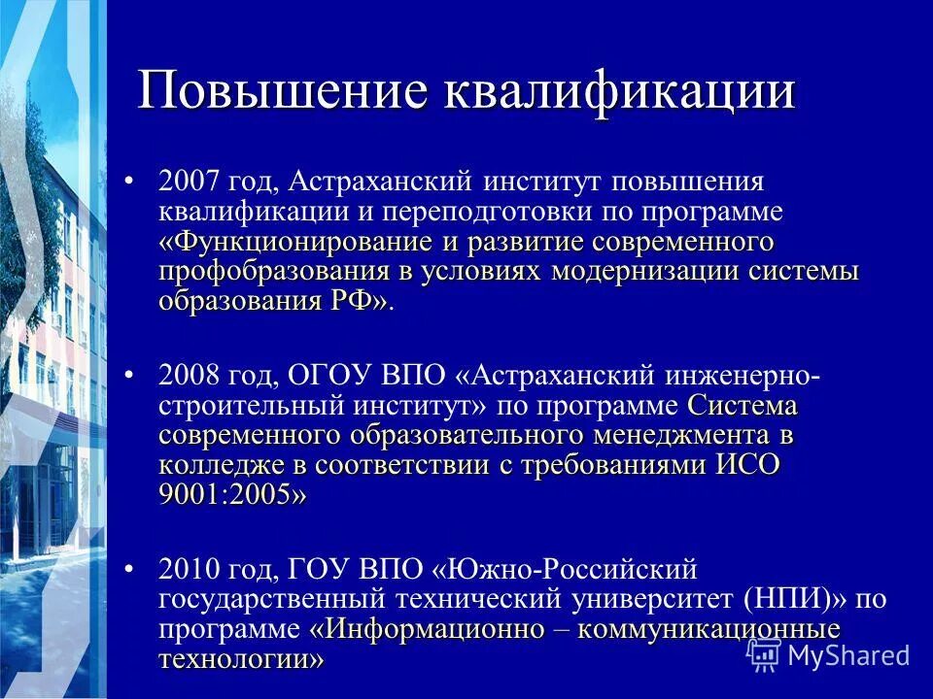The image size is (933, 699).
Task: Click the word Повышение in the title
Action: pyautogui.click(x=282, y=91)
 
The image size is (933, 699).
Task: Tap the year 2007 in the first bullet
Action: pyautogui.click(x=192, y=181)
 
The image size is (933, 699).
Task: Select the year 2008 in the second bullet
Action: pyautogui.click(x=192, y=375)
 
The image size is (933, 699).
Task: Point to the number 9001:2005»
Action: pyautogui.click(x=232, y=494)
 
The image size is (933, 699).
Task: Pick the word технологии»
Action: pyautogui.click(x=241, y=659)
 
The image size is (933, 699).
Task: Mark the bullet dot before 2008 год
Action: pyautogui.click(x=131, y=375)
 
